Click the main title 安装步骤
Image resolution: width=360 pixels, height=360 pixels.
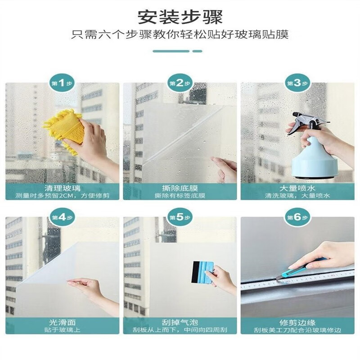coord(180,17)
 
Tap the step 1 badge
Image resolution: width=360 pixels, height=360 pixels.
coord(62,83)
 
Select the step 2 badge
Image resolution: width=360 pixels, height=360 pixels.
coord(180,83)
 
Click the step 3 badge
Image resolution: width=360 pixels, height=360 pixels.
coord(297,83)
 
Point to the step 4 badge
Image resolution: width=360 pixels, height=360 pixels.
coord(62,217)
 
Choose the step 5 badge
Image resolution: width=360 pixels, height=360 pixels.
coord(180,217)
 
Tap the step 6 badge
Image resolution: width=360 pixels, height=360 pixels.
coord(297,217)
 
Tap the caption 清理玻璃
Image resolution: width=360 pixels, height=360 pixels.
coord(62,188)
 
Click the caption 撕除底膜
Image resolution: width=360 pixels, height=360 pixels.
coord(180,188)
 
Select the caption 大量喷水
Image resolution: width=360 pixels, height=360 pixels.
coord(297,188)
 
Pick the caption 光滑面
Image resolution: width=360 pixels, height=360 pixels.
coord(62,322)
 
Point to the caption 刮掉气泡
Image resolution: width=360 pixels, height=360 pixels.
coord(180,322)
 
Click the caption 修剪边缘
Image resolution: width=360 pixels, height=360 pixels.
coord(297,322)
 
